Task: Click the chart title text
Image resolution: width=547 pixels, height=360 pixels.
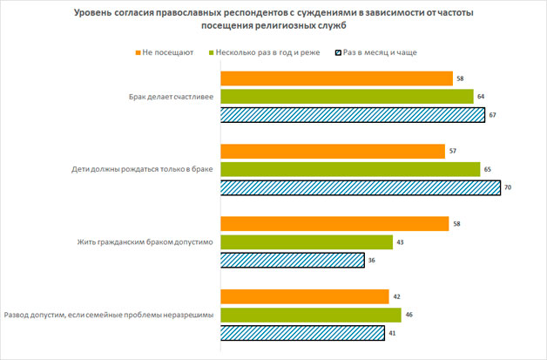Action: click(x=273, y=21)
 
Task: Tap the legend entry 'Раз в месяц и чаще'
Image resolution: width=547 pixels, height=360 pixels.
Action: click(x=379, y=53)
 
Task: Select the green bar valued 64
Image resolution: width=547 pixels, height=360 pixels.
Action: click(x=347, y=96)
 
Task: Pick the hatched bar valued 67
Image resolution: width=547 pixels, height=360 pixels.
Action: click(x=352, y=114)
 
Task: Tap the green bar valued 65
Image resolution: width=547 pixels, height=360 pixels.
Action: click(x=349, y=168)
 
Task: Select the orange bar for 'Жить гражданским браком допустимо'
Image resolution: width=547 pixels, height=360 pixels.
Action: click(x=334, y=224)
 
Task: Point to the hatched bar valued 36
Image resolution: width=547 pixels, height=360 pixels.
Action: click(x=292, y=260)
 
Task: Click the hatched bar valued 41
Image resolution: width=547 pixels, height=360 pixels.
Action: click(x=302, y=332)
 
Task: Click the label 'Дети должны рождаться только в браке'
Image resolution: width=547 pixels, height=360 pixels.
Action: click(x=139, y=168)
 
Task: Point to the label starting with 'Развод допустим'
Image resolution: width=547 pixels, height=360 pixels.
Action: click(x=109, y=314)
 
